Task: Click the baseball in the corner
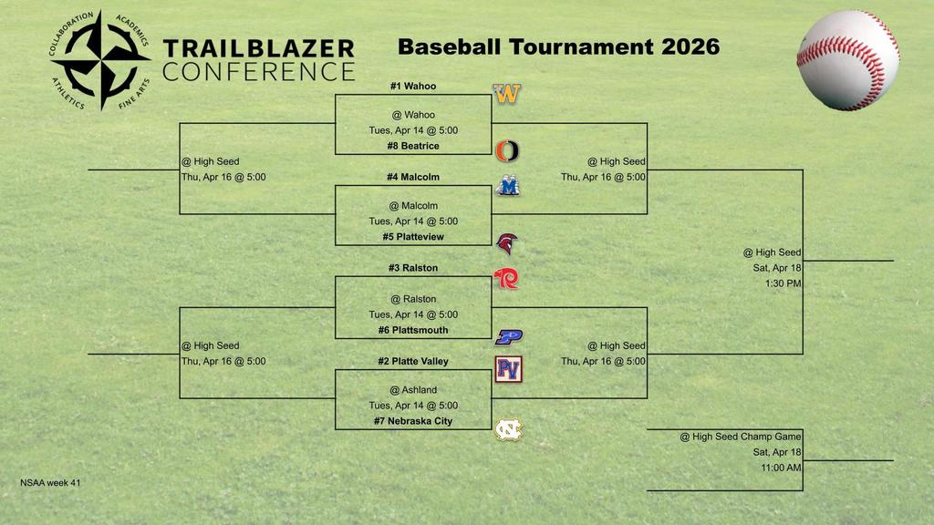[x=847, y=60]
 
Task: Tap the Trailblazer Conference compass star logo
[x=99, y=60]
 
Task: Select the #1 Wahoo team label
[x=413, y=86]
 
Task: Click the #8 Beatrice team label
[x=413, y=146]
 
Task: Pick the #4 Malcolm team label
[x=413, y=177]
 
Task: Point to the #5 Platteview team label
[x=413, y=237]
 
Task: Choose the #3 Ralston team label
[x=413, y=268]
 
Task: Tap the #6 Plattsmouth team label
[x=413, y=330]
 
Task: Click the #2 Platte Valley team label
[x=413, y=361]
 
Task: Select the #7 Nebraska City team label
[x=413, y=421]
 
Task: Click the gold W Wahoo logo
[x=507, y=94]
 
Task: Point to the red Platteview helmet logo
[x=507, y=244]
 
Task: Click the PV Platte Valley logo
[x=508, y=369]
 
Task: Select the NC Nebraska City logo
[x=508, y=428]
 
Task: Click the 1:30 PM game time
[x=777, y=283]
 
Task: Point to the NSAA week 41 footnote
[x=50, y=483]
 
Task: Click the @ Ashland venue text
[x=413, y=390]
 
